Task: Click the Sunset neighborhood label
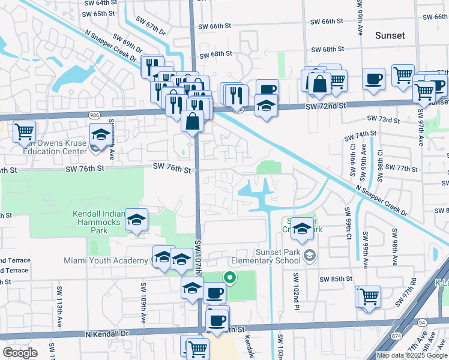390,36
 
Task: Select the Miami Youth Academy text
106,260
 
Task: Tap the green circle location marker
229,277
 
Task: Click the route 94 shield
423,323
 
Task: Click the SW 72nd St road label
326,106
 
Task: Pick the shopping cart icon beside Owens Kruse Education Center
23,131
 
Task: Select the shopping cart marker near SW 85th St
369,296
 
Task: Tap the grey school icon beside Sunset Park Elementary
309,256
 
